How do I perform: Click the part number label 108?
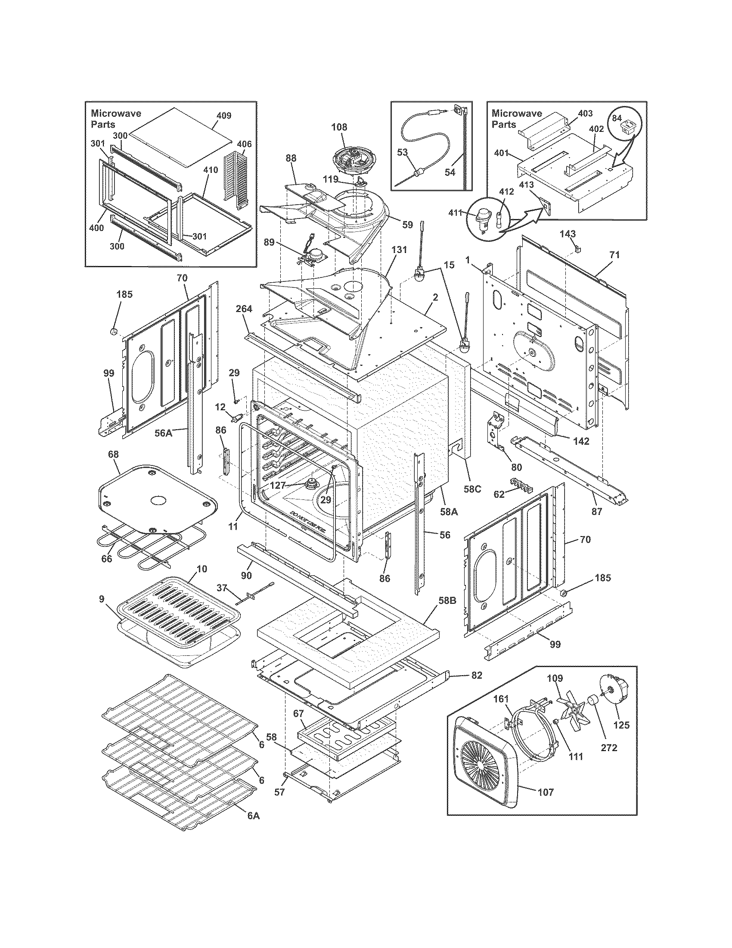(x=339, y=127)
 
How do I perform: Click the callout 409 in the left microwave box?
(x=224, y=115)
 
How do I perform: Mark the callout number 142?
(x=581, y=441)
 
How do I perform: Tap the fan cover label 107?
(x=546, y=792)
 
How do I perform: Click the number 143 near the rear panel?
(x=568, y=234)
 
